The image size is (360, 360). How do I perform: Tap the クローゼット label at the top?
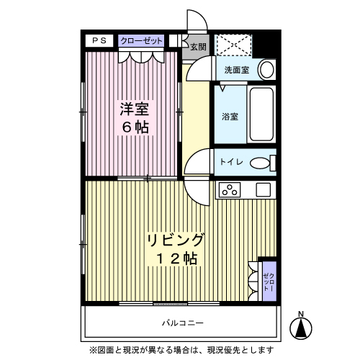coord(141,41)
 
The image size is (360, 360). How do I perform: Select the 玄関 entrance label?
coord(198,48)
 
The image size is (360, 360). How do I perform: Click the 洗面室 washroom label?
coord(236,71)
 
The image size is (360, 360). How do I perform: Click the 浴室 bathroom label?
coord(230,116)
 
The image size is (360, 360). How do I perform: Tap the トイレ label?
coord(231,162)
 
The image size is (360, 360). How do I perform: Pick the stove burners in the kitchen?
coord(230,191)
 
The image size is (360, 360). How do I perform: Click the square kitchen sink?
coord(264,191)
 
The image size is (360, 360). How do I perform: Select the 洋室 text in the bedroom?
coord(134,110)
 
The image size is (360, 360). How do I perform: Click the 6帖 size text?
coord(134,128)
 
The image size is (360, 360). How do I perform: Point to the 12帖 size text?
coord(176,258)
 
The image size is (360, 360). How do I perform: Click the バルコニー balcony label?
coord(182,323)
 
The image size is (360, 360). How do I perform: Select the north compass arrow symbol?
coord(301,329)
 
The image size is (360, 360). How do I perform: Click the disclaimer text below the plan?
coord(181,350)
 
